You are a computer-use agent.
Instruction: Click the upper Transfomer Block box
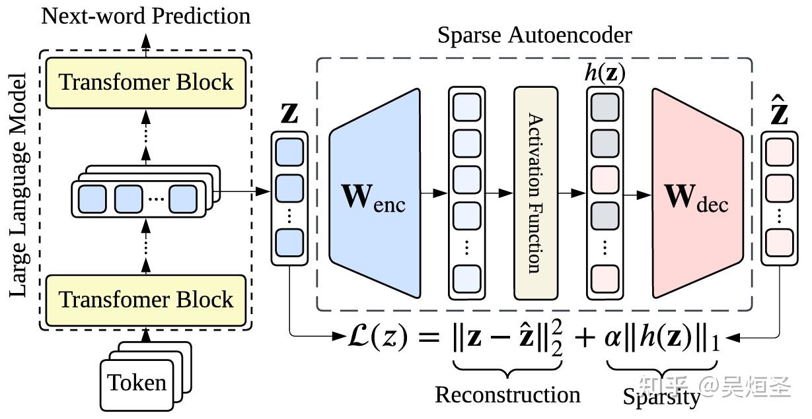pos(146,82)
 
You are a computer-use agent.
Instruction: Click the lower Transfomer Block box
pos(146,299)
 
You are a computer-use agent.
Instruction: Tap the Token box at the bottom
pos(137,383)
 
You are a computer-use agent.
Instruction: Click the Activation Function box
pos(536,193)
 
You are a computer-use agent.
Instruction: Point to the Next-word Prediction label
pos(146,15)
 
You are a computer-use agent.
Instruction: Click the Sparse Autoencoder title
pos(534,35)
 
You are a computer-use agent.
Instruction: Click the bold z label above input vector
pos(289,113)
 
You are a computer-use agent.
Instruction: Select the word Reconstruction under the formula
pos(507,395)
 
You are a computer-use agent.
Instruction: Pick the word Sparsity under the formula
pos(661,397)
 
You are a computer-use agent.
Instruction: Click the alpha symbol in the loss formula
pos(612,339)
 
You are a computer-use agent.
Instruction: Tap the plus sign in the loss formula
pos(583,339)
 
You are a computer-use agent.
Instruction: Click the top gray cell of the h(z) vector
pos(605,106)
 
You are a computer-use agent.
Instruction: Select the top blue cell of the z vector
pos(289,152)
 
